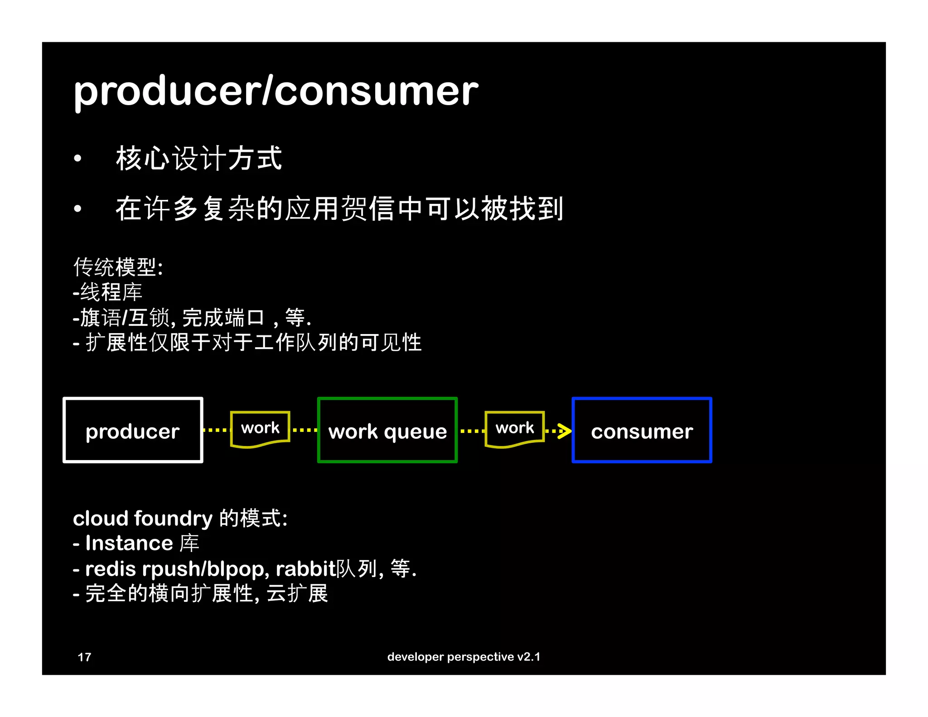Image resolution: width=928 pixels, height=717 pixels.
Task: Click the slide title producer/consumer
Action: (275, 92)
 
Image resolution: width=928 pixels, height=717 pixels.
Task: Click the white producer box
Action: (133, 430)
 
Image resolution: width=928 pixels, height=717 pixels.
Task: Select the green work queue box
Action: (387, 430)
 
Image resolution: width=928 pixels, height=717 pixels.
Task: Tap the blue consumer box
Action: (642, 430)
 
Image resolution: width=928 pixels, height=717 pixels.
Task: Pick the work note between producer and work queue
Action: (260, 428)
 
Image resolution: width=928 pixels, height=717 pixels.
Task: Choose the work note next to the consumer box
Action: (514, 428)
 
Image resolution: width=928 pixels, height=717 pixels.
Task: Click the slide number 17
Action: (84, 657)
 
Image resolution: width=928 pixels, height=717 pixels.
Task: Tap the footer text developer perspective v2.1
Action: (464, 657)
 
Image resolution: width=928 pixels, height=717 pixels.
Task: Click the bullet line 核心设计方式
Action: (199, 159)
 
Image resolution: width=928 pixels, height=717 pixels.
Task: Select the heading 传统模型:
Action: (118, 267)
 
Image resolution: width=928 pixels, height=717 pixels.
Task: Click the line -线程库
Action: (108, 292)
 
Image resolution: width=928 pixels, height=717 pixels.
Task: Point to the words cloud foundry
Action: (143, 518)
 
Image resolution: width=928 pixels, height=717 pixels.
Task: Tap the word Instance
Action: (129, 543)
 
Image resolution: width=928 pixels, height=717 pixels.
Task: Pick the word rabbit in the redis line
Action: (305, 569)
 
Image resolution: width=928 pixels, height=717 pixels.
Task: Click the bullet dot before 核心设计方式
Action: (78, 159)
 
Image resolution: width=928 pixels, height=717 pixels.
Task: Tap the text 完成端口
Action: (223, 318)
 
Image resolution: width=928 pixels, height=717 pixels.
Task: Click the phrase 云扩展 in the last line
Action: (297, 594)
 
